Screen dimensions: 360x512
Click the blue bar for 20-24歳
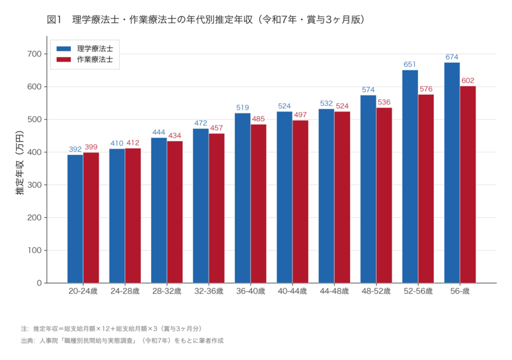click(75, 218)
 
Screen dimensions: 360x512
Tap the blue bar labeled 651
click(410, 176)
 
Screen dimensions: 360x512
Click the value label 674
click(452, 57)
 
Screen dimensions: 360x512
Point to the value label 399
click(91, 147)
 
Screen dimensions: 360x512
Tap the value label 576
click(426, 89)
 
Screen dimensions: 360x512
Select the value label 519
click(243, 108)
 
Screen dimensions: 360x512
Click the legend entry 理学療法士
click(94, 49)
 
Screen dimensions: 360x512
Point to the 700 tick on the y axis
click(34, 54)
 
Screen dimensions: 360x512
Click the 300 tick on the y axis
click(34, 185)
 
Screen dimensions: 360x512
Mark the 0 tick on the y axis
click(38, 283)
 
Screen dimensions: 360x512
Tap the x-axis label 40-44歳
click(292, 291)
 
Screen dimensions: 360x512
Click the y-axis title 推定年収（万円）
click(20, 168)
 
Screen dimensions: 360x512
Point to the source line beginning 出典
click(122, 340)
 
